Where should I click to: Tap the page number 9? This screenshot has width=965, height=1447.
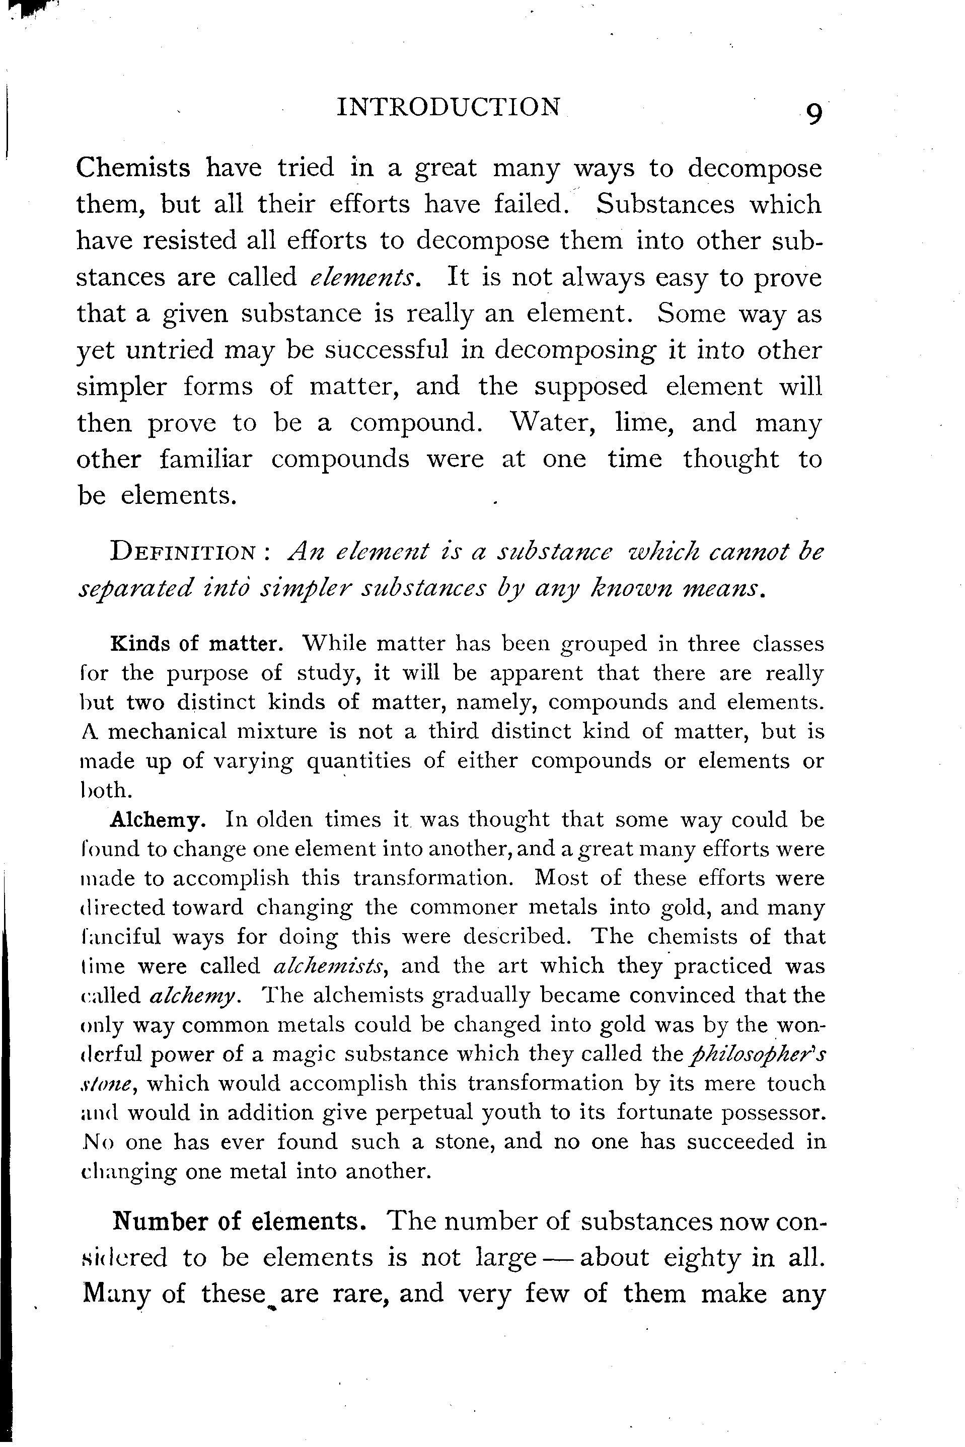point(813,114)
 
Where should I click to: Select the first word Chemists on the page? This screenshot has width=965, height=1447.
point(133,167)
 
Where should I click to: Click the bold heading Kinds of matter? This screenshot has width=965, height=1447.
point(196,644)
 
